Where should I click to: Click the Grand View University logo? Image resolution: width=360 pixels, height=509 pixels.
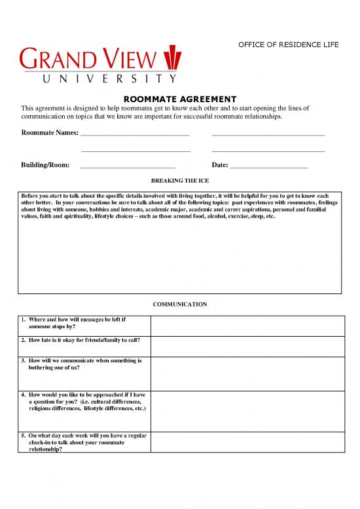coord(98,64)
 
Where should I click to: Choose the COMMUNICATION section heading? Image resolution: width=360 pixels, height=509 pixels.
coord(179,305)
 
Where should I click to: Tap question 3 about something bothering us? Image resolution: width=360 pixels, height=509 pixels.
coord(81,364)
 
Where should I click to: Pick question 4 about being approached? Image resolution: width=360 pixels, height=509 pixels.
coord(85,402)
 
